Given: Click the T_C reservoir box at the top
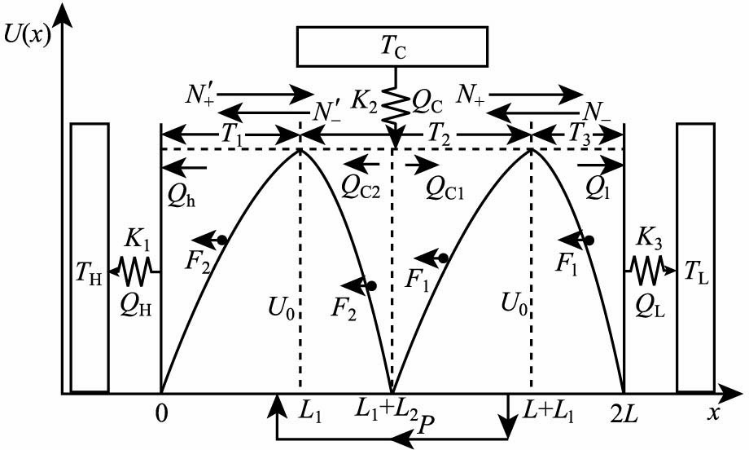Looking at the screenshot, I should pyautogui.click(x=392, y=46).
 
